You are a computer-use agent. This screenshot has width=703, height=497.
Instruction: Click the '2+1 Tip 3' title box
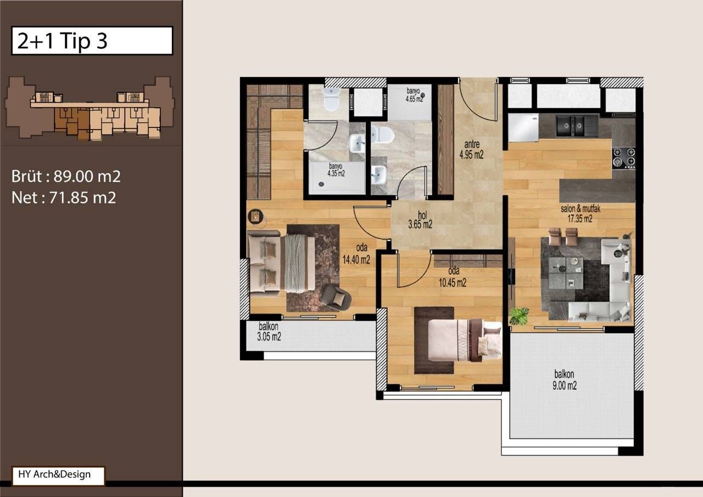point(92,41)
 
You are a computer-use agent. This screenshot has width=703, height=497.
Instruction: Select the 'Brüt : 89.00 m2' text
point(66,177)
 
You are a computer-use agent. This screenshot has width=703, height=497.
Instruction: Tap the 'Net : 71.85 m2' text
point(64,198)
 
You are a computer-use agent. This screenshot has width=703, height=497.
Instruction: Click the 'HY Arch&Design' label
point(58,475)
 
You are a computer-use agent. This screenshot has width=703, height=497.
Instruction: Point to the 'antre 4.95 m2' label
point(471,150)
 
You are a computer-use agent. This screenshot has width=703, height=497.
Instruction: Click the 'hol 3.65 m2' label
point(420,220)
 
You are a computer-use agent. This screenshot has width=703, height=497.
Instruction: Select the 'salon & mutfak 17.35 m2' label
point(576,214)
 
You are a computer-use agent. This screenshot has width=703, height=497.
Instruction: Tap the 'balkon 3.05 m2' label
point(269,333)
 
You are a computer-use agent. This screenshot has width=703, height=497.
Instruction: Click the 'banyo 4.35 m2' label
point(336,170)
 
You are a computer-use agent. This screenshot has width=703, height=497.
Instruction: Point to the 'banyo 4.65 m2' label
point(414,95)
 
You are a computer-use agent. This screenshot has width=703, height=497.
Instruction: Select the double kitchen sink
point(576,126)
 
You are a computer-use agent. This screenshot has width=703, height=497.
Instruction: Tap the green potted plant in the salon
point(518,316)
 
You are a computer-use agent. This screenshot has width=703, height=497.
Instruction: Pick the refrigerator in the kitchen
point(523,127)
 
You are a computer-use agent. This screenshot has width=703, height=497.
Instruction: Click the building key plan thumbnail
point(90,108)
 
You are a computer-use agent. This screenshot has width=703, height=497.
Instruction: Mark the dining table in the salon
point(566,273)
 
